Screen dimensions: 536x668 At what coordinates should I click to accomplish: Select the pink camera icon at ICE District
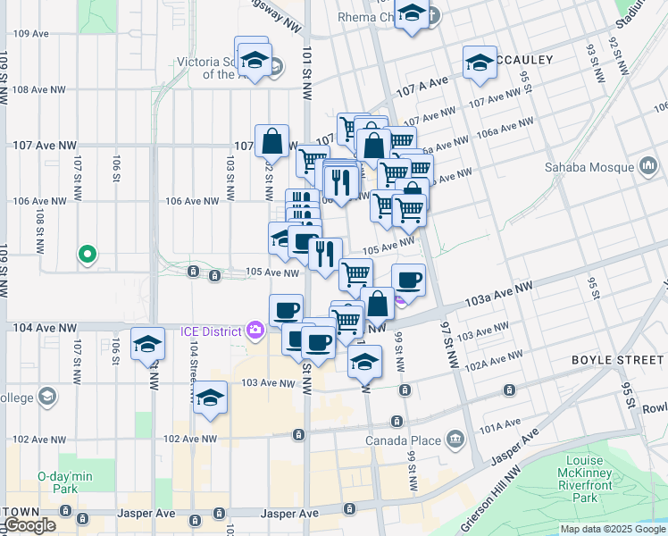coord(255,331)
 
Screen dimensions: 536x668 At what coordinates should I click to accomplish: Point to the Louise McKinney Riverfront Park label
coord(584,479)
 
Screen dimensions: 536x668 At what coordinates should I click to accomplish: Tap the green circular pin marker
coord(88,255)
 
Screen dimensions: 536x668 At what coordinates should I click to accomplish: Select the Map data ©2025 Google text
coord(613,529)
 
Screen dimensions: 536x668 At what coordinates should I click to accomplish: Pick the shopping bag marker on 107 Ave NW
coord(271,141)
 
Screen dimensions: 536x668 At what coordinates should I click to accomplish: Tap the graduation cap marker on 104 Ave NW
coord(147,345)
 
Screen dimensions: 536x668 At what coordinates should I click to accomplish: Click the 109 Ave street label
coord(31,33)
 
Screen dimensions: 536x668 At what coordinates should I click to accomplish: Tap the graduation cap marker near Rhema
coord(411,15)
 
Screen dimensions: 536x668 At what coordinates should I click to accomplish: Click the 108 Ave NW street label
coord(38,89)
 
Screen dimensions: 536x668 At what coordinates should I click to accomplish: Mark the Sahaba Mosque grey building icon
coord(648,167)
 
